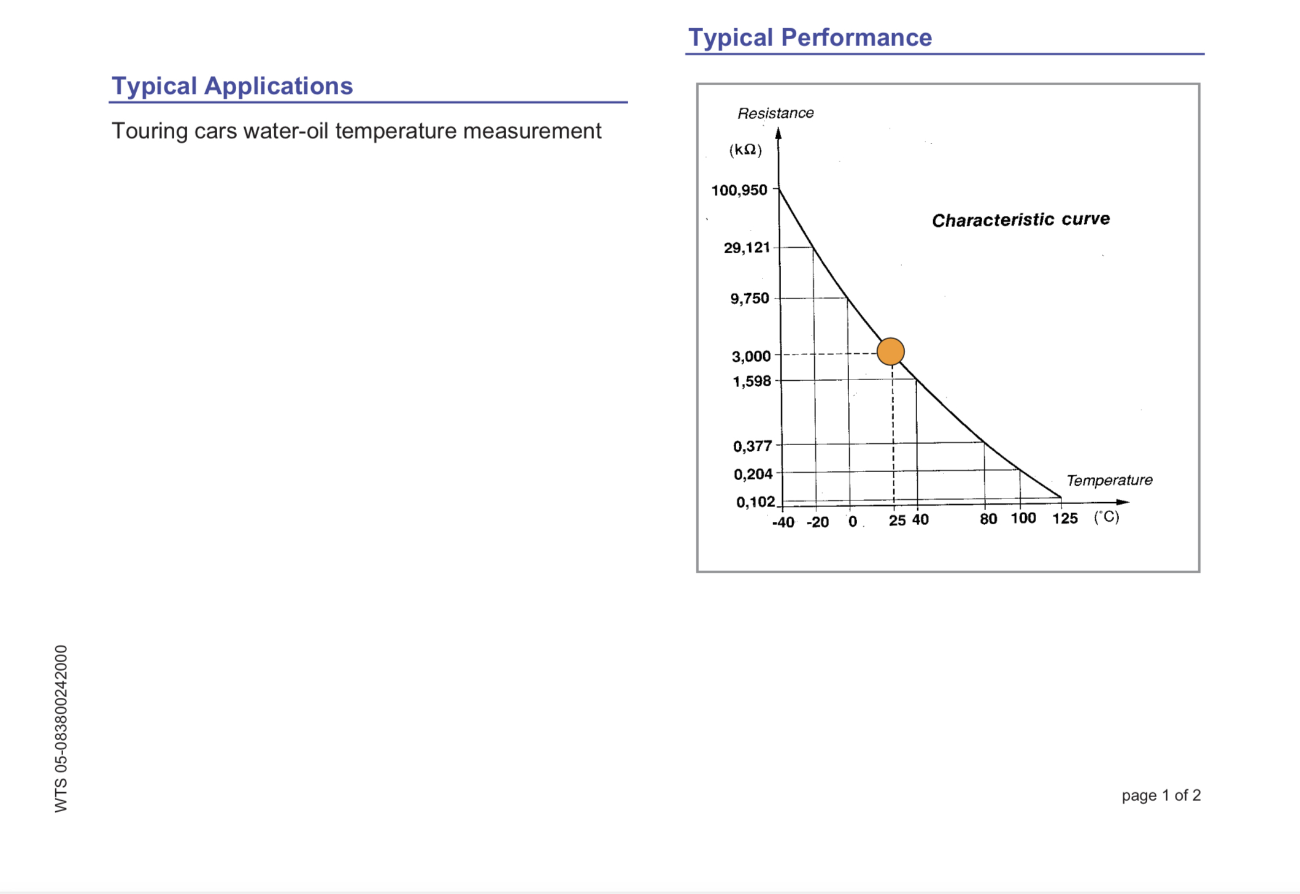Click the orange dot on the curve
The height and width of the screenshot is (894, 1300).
click(890, 351)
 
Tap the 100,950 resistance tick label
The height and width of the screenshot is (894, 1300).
click(739, 190)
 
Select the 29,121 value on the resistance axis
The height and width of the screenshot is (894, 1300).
click(747, 248)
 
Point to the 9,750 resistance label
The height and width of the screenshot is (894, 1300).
click(749, 299)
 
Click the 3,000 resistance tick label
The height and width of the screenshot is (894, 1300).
click(751, 356)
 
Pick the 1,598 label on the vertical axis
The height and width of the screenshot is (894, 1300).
click(752, 381)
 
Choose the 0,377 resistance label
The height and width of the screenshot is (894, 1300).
click(752, 446)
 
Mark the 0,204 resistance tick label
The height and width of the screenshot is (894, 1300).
click(753, 474)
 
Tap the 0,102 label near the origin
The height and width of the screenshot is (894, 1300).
click(755, 502)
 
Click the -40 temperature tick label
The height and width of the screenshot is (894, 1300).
click(783, 522)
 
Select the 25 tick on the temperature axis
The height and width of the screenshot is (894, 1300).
click(897, 521)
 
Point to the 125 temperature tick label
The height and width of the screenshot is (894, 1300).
click(1065, 519)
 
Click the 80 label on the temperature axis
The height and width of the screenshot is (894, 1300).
click(988, 519)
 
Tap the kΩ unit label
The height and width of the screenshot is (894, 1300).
click(745, 150)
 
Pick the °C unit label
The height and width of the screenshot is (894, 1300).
click(1107, 517)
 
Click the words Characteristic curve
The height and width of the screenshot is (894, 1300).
click(1021, 220)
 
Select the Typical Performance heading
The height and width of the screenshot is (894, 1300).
click(810, 37)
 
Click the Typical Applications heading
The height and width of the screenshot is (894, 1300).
click(232, 86)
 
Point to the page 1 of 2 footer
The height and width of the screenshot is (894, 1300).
click(1161, 795)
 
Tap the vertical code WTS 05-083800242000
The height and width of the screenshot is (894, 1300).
click(61, 728)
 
